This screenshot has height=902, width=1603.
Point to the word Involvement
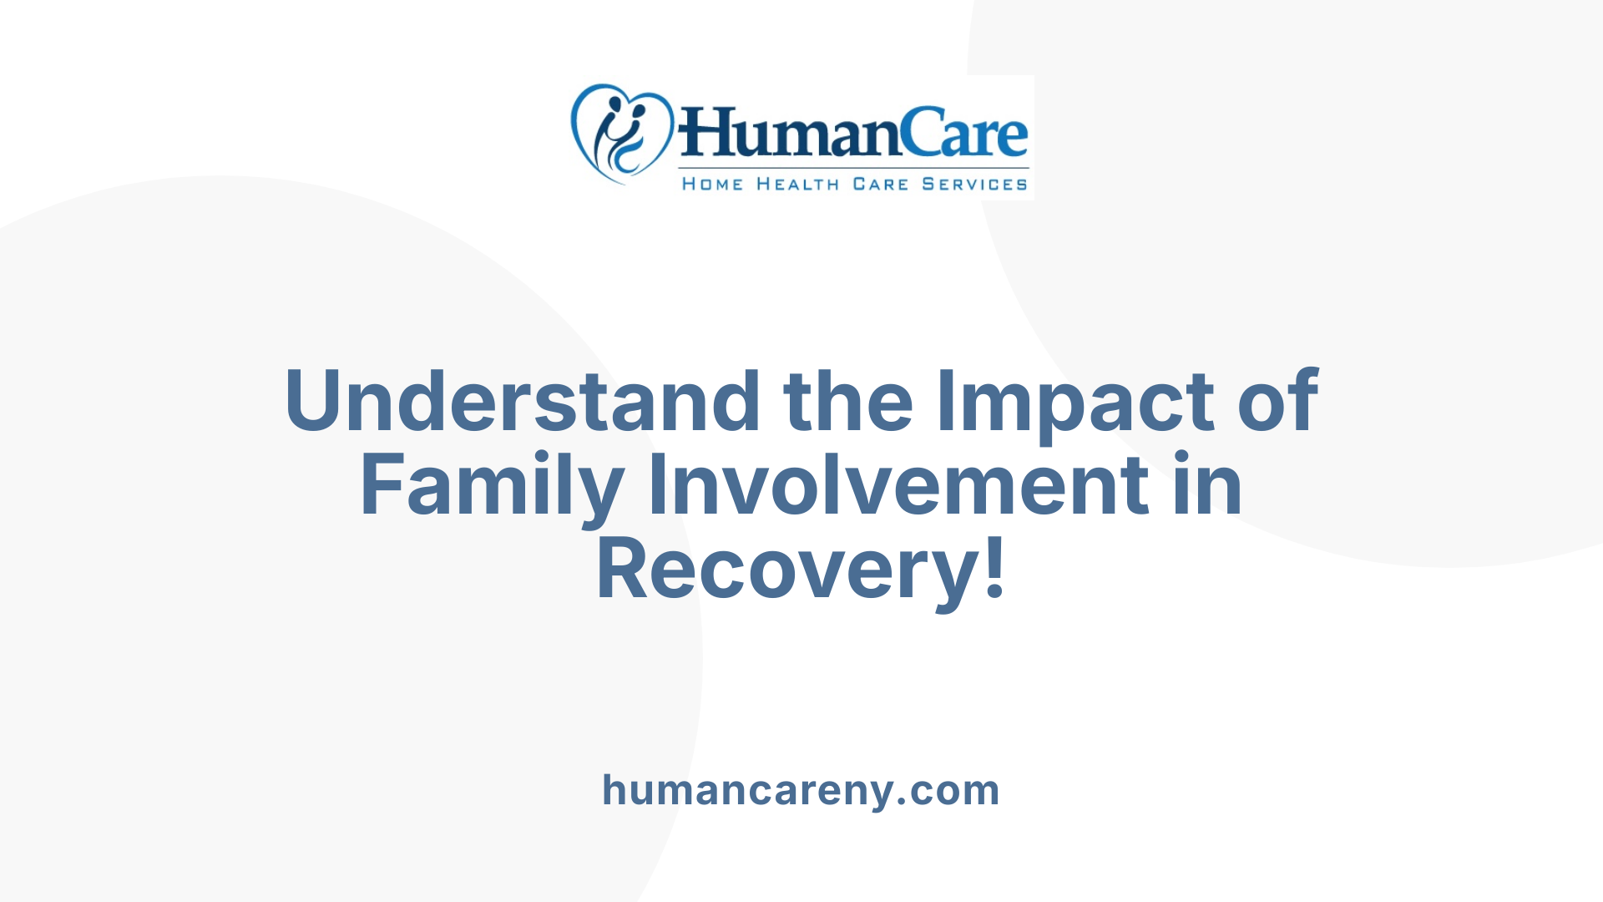click(898, 485)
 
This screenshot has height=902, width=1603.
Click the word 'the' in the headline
click(848, 402)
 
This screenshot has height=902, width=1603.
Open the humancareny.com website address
click(801, 790)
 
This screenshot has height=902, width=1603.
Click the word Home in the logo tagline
click(712, 185)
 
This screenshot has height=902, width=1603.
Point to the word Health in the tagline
click(797, 185)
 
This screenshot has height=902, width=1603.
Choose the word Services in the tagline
click(974, 185)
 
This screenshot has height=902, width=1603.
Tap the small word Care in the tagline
click(880, 185)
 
